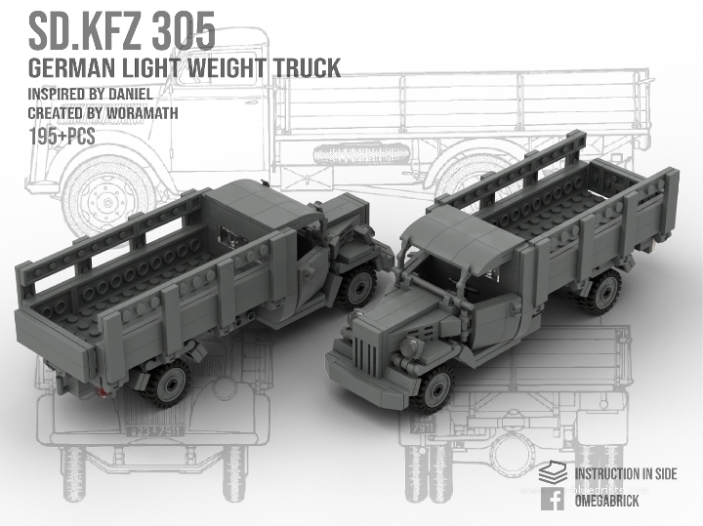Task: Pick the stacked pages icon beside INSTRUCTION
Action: pos(552,473)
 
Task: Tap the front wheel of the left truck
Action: pos(358,287)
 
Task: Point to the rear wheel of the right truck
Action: pos(602,291)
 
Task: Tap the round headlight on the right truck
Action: pos(410,348)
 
